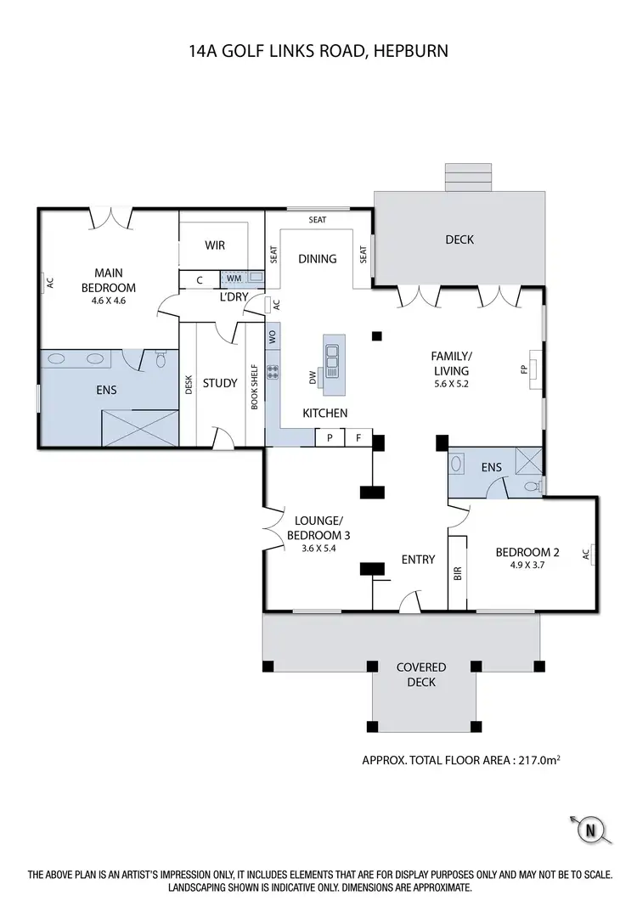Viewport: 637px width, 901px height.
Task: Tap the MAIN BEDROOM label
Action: click(x=109, y=279)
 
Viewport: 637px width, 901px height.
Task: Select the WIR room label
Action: click(x=214, y=245)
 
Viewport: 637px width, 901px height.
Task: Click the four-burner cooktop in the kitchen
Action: click(x=273, y=371)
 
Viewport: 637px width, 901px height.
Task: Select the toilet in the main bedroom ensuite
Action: click(x=161, y=360)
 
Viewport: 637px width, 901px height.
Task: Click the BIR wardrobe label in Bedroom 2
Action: click(x=458, y=574)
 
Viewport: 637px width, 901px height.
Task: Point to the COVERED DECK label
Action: click(x=421, y=674)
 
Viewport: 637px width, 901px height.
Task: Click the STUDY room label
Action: click(x=220, y=383)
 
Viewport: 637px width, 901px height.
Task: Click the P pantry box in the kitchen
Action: click(x=329, y=438)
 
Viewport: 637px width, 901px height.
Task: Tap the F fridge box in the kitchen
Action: click(x=358, y=438)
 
